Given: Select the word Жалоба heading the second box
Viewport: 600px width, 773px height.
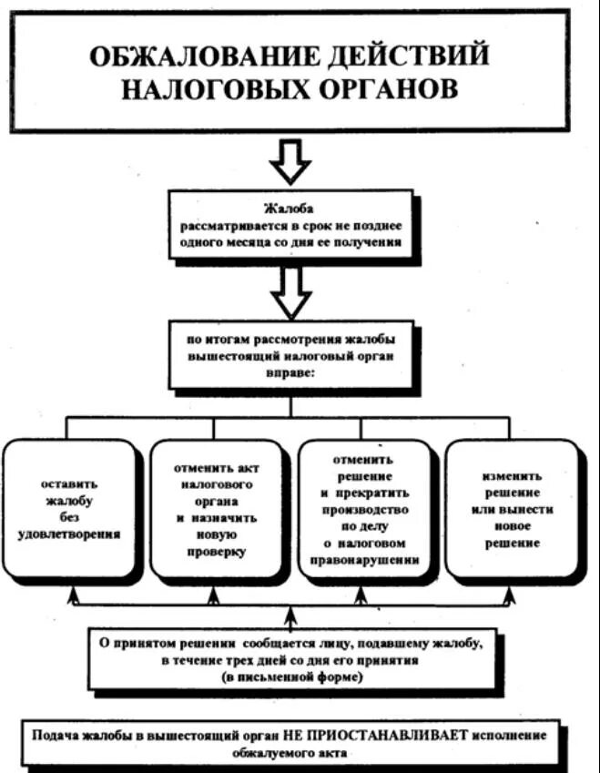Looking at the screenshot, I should pos(289,209).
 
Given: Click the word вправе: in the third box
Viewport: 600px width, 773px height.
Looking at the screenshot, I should pos(290,371).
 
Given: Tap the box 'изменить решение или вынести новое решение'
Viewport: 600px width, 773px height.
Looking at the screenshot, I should pos(513,507).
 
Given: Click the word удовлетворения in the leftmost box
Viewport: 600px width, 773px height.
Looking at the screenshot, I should pos(69,534).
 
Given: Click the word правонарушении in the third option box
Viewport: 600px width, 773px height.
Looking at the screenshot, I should pos(363,561).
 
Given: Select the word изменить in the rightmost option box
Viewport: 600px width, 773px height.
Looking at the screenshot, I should pos(513,475).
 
